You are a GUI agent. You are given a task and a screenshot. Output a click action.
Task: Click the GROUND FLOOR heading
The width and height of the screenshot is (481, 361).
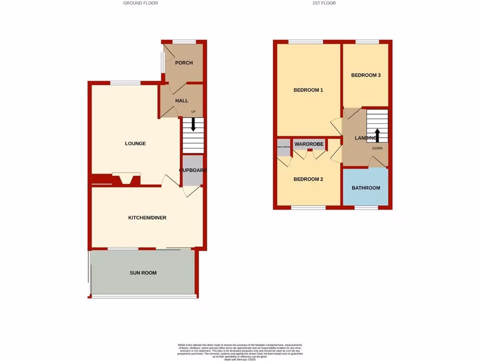[140, 3]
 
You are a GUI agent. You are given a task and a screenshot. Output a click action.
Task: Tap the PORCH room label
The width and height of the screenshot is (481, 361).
[184, 63]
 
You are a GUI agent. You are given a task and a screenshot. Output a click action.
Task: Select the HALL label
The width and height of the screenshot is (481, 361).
[182, 101]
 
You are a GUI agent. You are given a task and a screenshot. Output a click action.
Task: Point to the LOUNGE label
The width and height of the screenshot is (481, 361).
[135, 143]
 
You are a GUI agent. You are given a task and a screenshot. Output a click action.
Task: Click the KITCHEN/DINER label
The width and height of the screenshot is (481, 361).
[147, 218]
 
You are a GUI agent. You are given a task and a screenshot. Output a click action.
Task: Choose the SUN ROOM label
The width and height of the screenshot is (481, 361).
[143, 273]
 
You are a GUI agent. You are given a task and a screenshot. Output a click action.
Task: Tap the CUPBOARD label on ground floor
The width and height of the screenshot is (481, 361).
[193, 170]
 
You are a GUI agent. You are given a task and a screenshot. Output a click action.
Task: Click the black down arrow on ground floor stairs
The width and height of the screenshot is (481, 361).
[193, 125]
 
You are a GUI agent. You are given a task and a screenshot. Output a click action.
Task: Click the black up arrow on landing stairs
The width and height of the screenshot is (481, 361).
[379, 135]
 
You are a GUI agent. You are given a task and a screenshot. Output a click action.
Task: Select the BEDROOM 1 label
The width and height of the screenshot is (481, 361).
[308, 90]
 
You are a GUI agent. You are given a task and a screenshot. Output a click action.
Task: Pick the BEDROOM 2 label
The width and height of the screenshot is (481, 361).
[308, 179]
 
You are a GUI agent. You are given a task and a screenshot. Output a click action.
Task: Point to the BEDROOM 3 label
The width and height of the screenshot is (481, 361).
[365, 75]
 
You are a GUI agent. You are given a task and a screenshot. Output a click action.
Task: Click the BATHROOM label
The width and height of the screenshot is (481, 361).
[366, 188]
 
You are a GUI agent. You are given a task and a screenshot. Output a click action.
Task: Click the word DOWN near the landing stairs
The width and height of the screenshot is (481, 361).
[377, 148]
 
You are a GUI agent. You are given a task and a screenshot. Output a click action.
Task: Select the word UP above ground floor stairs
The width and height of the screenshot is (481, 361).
[193, 111]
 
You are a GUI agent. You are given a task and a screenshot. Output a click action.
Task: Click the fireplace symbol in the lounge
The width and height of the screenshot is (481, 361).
[126, 179]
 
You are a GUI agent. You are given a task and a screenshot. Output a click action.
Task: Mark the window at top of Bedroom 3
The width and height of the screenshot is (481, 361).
[367, 42]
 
